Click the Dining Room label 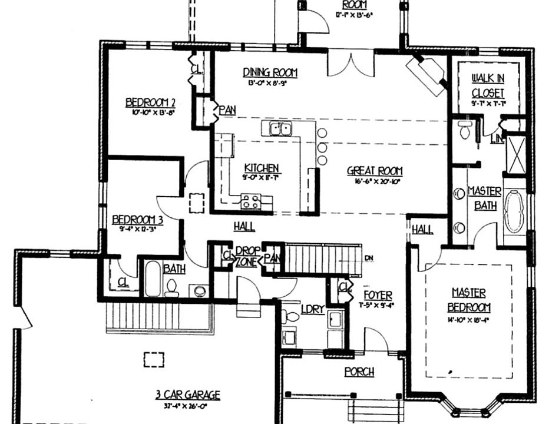click(x=270, y=72)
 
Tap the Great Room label click(x=373, y=171)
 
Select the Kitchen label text click(x=262, y=168)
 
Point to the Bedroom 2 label click(x=151, y=102)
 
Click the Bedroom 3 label click(x=137, y=219)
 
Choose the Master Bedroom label click(x=469, y=300)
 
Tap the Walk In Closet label click(x=488, y=85)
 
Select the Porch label click(x=359, y=372)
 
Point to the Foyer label click(x=378, y=294)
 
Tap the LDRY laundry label click(x=312, y=309)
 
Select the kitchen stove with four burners click(x=251, y=202)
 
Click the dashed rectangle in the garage click(x=154, y=359)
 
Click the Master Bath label click(x=484, y=198)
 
